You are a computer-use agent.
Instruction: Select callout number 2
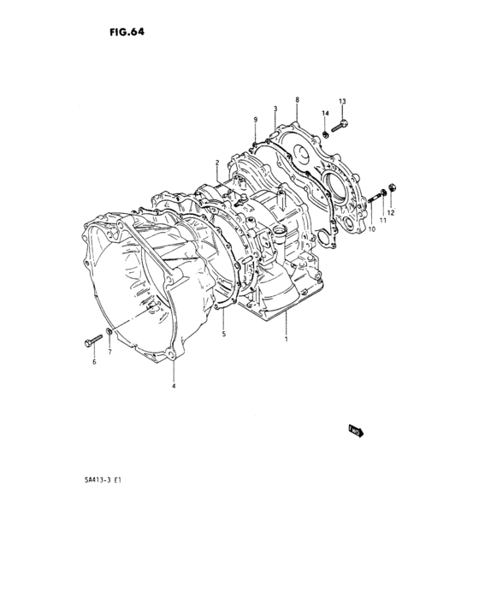(218, 163)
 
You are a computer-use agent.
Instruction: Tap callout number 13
(341, 102)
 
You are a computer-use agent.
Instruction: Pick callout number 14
(325, 114)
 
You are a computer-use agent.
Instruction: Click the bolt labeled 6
(92, 342)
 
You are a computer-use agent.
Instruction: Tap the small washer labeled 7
(109, 332)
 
